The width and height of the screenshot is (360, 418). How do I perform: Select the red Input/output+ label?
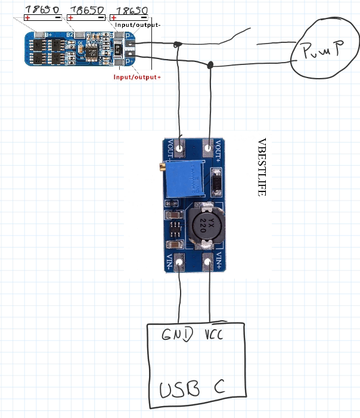137,77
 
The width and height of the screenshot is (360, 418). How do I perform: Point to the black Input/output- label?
138,25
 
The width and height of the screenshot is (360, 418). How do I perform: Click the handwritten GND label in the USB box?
178,335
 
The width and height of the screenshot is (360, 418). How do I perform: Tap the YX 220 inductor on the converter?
202,226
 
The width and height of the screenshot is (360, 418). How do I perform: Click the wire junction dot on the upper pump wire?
178,44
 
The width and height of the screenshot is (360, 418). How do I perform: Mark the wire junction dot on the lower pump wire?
210,64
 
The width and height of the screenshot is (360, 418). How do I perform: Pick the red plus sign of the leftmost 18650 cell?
27,17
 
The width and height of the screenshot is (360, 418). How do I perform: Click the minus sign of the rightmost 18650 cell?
143,18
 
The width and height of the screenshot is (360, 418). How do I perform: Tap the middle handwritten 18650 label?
86,10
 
